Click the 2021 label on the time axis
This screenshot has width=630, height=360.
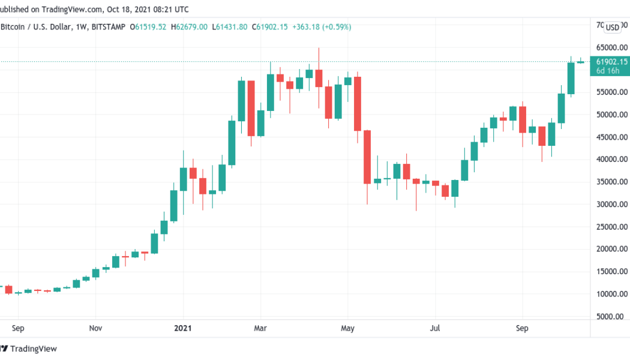(182, 328)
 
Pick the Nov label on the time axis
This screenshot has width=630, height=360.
(95, 328)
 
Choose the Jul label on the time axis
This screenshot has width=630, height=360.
(436, 328)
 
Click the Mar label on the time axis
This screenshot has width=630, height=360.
(260, 328)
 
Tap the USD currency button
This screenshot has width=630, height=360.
(612, 27)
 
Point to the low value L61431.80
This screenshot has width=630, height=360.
(230, 27)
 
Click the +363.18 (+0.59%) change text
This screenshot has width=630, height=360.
(321, 27)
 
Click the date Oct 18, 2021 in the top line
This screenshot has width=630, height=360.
(125, 10)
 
